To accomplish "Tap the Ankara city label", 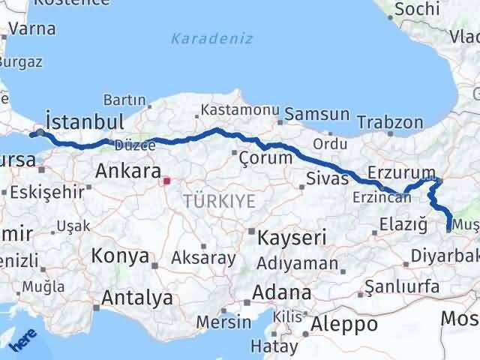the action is pyautogui.click(x=124, y=171).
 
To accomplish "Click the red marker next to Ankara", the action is pyautogui.click(x=166, y=180).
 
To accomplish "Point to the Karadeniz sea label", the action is pyautogui.click(x=211, y=38).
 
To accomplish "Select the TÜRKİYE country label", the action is pyautogui.click(x=218, y=200).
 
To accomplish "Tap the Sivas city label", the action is pyautogui.click(x=328, y=178).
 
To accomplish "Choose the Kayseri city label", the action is pyautogui.click(x=292, y=238).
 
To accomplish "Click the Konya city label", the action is pyautogui.click(x=120, y=256).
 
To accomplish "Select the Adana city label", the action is pyautogui.click(x=282, y=292).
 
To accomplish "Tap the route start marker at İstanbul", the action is pyautogui.click(x=39, y=133).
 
